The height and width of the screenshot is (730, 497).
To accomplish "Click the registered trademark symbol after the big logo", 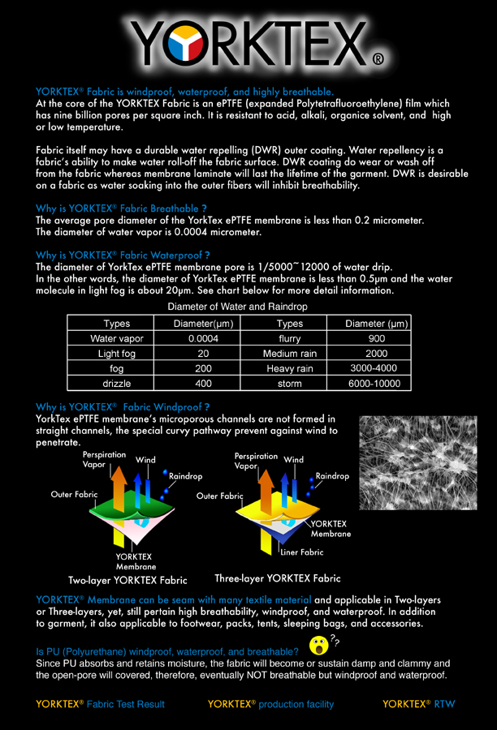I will pos(378,59).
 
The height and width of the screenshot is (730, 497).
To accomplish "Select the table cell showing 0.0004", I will pos(203,338).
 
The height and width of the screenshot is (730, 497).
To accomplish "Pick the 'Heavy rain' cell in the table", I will pos(288,368).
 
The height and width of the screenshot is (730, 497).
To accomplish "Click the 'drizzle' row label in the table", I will pos(117,383).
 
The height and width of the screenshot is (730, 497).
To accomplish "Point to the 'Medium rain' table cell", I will pos(290,354).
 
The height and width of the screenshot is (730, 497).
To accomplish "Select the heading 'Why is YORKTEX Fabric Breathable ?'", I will pos(121,208).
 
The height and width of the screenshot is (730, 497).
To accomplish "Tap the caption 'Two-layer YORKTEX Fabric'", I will pos(127,580).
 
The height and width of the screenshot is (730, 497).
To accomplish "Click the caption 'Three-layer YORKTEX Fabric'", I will pos(277,578).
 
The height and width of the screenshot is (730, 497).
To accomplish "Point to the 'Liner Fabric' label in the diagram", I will pos(301,552).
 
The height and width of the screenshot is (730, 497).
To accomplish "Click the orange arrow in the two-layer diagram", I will pos(119,487).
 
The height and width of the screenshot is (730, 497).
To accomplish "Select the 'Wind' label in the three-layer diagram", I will pos(294,460).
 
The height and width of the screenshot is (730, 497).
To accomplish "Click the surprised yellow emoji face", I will pos(319,646).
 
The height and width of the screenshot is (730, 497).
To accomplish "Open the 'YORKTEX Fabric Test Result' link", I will pos(100,704).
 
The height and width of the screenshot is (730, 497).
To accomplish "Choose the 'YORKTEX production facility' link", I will pos(270,704).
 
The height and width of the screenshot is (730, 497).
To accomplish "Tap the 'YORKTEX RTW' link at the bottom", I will pos(419,704).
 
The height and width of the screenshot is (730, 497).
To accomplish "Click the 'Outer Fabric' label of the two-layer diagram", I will pos(74,494).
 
